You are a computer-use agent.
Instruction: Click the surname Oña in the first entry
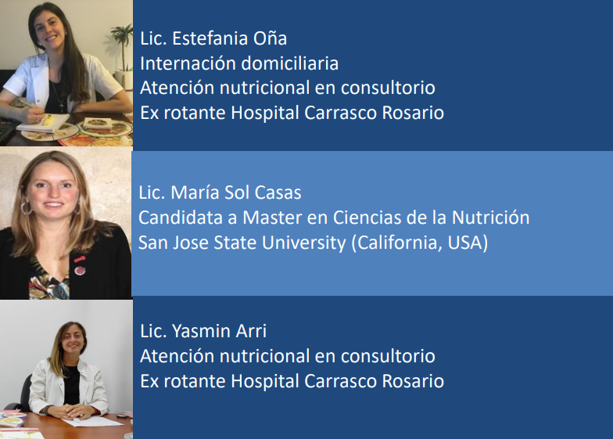point(271,38)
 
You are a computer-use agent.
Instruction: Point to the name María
point(196,193)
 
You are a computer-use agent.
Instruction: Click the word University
point(303,243)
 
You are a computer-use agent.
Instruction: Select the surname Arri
point(252,332)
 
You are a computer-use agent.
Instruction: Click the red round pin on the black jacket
point(80,271)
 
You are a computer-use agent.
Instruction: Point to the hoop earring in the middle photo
point(25,207)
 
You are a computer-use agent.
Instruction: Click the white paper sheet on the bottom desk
point(93,422)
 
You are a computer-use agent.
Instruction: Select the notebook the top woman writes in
point(43,123)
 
